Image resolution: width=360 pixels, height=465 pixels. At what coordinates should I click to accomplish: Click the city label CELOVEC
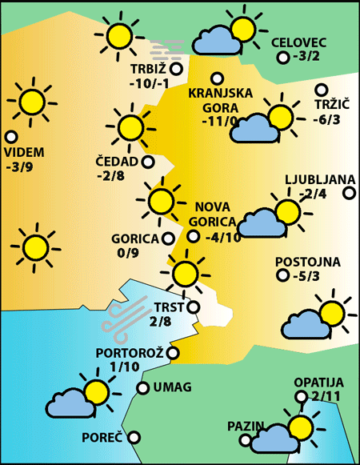coord(299,42)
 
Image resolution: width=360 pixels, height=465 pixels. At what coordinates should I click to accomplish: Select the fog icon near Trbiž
coord(167,47)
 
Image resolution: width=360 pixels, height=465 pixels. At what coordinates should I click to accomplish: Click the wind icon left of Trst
coord(125,315)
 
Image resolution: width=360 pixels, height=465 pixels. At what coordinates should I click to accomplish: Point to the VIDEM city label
coord(24,153)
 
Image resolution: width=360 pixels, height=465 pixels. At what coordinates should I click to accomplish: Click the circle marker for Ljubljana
coord(349,193)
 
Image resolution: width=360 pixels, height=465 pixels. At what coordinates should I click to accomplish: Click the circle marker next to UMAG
coord(142,388)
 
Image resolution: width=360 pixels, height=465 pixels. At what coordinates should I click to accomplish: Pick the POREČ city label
coord(102,438)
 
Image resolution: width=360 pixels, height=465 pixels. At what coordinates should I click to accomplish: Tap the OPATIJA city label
coord(318,383)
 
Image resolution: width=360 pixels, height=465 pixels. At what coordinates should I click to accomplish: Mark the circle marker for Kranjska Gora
coord(216,78)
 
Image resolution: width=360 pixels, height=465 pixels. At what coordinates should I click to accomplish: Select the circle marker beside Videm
coord(10,137)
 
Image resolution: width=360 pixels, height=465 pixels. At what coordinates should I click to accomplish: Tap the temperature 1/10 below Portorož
coord(125,367)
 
